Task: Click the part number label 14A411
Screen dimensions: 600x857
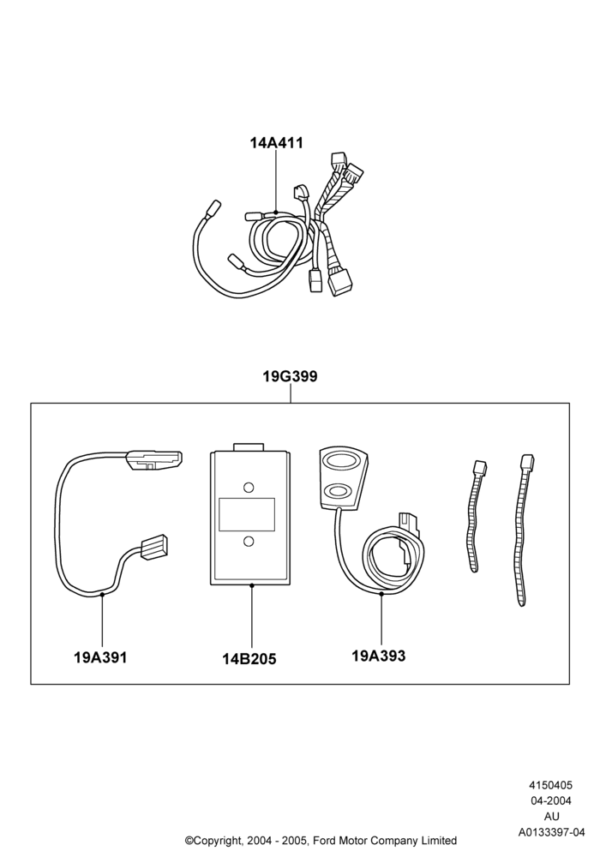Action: tap(277, 142)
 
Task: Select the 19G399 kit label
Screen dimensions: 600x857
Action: tap(291, 376)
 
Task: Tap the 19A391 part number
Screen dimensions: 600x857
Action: tap(100, 657)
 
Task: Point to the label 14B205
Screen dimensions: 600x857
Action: tap(249, 659)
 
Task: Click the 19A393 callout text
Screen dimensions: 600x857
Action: tap(379, 656)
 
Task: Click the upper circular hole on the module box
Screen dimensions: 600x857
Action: tap(248, 487)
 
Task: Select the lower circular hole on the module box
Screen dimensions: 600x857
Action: tap(248, 541)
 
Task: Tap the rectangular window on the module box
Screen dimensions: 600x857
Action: tap(247, 514)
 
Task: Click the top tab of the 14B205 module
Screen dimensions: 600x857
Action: tap(248, 447)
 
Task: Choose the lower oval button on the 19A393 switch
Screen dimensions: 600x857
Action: tap(338, 489)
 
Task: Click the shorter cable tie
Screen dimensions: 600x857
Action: tap(475, 516)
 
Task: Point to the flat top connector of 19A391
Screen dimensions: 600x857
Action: tap(153, 459)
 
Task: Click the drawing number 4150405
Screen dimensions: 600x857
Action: tap(551, 785)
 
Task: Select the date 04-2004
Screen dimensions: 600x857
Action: tap(551, 800)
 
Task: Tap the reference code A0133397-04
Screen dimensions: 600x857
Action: tap(551, 832)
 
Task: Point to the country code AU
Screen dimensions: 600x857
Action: tap(552, 817)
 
